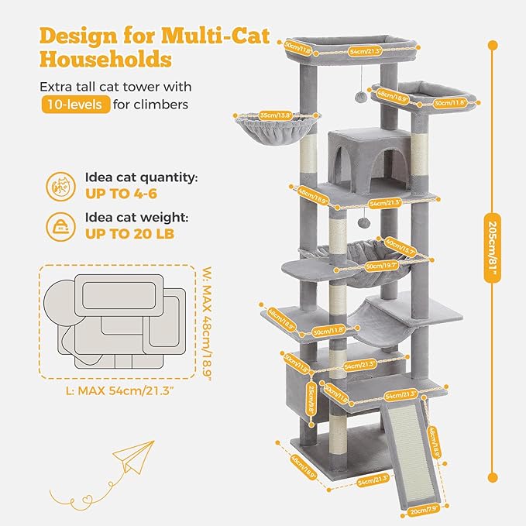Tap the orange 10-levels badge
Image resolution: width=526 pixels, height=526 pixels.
point(75,105)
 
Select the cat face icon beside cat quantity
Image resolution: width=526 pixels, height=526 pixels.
point(60,185)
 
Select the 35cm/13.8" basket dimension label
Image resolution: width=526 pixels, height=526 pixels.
point(276,116)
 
